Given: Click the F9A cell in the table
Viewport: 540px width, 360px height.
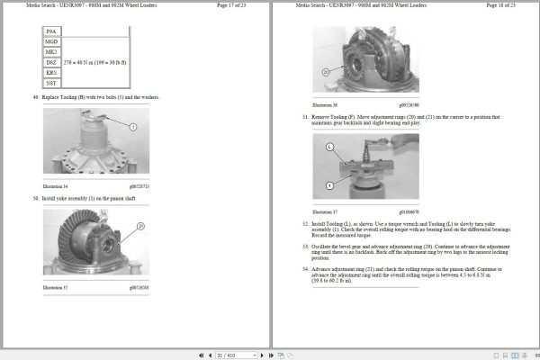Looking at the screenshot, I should pos(51,31).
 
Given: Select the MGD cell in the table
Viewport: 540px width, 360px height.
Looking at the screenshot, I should pos(51,41).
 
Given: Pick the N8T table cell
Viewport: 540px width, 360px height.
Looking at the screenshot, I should pos(51,82).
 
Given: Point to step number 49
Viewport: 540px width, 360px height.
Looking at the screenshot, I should pos(35,96).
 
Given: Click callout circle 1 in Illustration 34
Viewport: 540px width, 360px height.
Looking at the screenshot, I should pos(132,128).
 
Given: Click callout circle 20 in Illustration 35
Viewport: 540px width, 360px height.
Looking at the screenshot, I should pos(140,226).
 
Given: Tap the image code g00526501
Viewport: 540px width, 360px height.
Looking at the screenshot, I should pos(139,288).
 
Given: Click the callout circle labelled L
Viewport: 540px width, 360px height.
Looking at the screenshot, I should pos(329,147).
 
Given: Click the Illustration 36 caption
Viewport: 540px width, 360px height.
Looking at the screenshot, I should pos(324,105).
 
